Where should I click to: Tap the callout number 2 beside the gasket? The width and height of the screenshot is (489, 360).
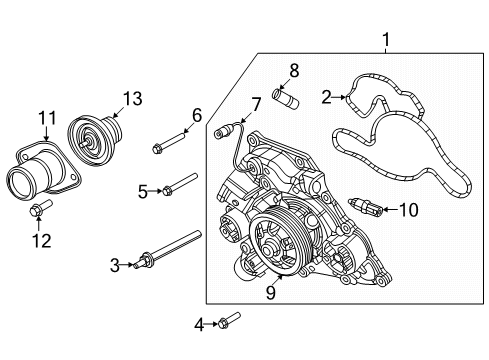[326, 97]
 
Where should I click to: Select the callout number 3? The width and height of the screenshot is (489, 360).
[115, 265]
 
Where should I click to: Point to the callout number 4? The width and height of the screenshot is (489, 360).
[199, 323]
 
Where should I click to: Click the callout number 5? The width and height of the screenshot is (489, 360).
[143, 189]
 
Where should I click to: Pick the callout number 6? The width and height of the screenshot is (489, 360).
[197, 115]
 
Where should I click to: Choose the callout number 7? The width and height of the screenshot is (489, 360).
[256, 103]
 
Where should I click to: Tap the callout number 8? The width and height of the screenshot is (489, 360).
[293, 70]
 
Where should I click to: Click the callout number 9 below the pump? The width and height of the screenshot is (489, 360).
[269, 293]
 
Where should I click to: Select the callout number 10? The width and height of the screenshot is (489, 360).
[408, 210]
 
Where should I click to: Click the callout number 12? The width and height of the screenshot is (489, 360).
[40, 241]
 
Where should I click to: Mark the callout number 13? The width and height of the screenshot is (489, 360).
[133, 98]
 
